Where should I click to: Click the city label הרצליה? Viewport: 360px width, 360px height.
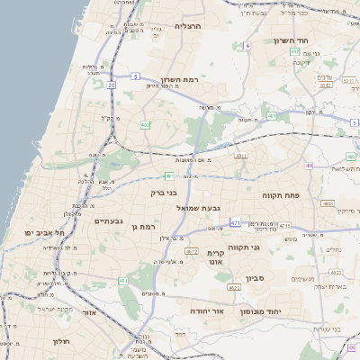(x=189, y=27)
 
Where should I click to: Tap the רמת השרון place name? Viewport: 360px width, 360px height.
(x=179, y=79)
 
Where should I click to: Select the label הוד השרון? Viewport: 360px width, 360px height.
(x=292, y=40)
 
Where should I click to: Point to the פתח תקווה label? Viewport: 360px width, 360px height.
(x=280, y=194)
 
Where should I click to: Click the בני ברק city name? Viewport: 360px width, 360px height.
(x=163, y=192)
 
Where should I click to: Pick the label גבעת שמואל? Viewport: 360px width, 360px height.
(x=190, y=208)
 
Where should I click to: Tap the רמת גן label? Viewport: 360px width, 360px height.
(x=144, y=227)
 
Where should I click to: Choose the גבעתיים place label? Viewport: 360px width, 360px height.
(x=108, y=220)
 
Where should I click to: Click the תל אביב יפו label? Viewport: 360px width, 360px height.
(x=41, y=232)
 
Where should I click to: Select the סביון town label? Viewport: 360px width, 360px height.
(x=254, y=280)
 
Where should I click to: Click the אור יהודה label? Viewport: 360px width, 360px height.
(x=206, y=310)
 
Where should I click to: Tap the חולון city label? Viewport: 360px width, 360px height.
(x=61, y=341)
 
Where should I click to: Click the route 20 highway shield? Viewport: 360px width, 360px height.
(x=111, y=85)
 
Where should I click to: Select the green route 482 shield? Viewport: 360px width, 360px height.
(x=145, y=125)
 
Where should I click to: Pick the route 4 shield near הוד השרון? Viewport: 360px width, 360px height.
(x=246, y=46)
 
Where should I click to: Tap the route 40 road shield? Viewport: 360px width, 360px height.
(x=309, y=166)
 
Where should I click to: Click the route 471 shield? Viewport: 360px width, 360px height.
(x=235, y=222)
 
